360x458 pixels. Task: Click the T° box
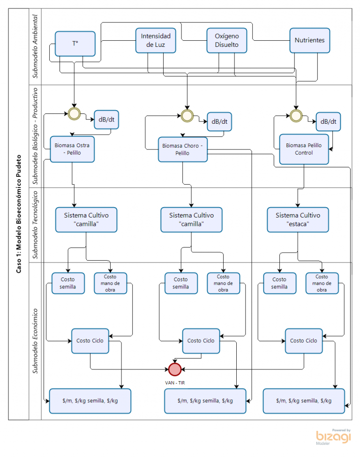75,44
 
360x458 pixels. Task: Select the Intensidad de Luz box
156,40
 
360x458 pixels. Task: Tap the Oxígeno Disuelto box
226,40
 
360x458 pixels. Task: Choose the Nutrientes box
309,40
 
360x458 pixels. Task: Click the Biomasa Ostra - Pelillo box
72,149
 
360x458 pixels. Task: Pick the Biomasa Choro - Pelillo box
183,149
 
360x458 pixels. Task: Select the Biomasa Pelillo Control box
304,149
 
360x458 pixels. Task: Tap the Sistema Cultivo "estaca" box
298,220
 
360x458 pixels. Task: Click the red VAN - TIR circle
175,369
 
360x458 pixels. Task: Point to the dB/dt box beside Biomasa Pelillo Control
328,121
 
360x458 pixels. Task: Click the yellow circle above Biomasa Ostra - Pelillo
74,113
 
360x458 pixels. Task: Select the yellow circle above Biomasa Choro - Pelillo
187,116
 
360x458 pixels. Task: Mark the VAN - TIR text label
175,383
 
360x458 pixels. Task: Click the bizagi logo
333,437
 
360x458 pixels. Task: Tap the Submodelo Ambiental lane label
35,46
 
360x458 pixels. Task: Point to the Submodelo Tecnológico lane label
35,225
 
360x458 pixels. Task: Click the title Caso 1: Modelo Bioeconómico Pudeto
19,214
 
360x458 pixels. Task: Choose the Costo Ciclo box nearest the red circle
201,341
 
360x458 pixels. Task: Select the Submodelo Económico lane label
35,341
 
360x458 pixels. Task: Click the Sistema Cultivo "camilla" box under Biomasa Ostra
86,220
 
